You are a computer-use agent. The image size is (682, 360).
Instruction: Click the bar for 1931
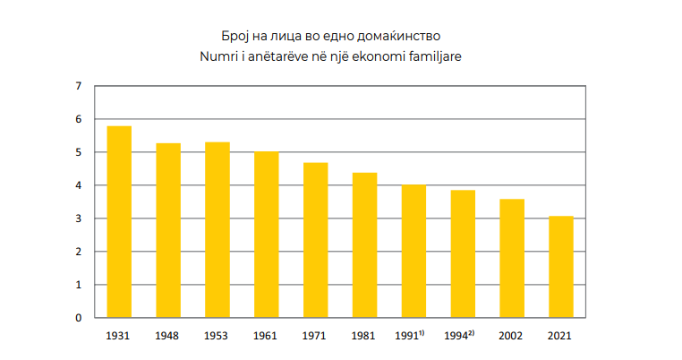(119, 221)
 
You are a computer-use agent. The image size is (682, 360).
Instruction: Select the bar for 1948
(168, 230)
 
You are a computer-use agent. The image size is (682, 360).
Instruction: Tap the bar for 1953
(217, 229)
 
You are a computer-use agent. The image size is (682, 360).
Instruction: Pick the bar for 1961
(266, 235)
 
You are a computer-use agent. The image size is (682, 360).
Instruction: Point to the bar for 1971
(315, 240)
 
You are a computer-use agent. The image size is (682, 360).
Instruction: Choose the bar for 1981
(364, 244)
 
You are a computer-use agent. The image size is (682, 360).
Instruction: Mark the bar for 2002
(512, 258)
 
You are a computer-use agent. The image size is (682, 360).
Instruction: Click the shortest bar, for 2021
(560, 267)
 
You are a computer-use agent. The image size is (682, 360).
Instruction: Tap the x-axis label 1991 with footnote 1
(410, 336)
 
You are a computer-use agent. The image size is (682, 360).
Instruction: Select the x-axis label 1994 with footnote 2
(459, 336)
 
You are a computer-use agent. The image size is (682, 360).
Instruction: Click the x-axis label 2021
(560, 336)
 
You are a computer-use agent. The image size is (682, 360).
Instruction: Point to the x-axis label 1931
(119, 336)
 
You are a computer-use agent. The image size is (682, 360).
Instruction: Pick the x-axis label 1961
(266, 336)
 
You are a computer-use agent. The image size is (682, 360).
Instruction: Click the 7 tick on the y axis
(78, 86)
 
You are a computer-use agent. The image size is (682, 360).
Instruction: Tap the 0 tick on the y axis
(78, 318)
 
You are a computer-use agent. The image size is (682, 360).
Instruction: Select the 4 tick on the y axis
(78, 185)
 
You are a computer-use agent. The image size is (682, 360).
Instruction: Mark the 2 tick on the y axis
(78, 252)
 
